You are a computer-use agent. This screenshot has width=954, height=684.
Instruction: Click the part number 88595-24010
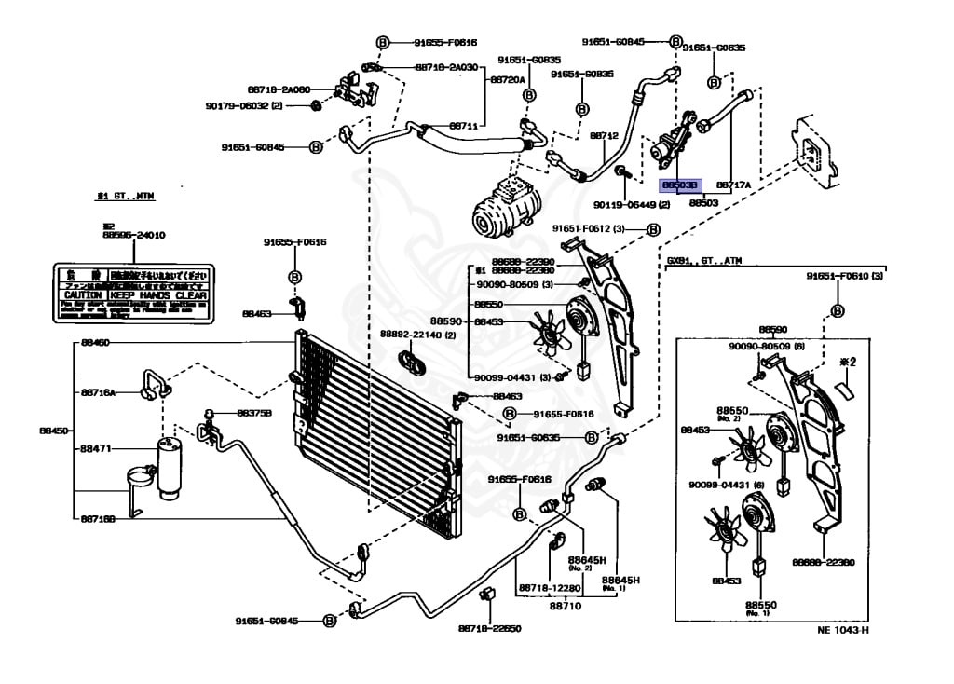pos(133,236)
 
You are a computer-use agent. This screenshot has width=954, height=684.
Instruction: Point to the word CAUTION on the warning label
pos(82,294)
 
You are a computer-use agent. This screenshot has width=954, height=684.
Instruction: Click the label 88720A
pos(509,81)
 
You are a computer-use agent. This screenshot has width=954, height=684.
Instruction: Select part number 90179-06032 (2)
pos(250,106)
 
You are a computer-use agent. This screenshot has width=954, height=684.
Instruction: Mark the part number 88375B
pos(253,413)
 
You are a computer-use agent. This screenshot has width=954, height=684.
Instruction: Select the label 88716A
pos(98,393)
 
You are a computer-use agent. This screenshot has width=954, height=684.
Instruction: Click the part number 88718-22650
pos(489,627)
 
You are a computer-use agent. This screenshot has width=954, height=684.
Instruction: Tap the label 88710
pos(565,605)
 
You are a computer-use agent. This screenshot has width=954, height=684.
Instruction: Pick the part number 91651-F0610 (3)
pos(844,276)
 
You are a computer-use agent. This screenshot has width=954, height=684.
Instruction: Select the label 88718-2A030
pos(445,68)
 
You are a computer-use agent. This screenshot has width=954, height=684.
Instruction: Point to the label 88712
pos(604,136)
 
